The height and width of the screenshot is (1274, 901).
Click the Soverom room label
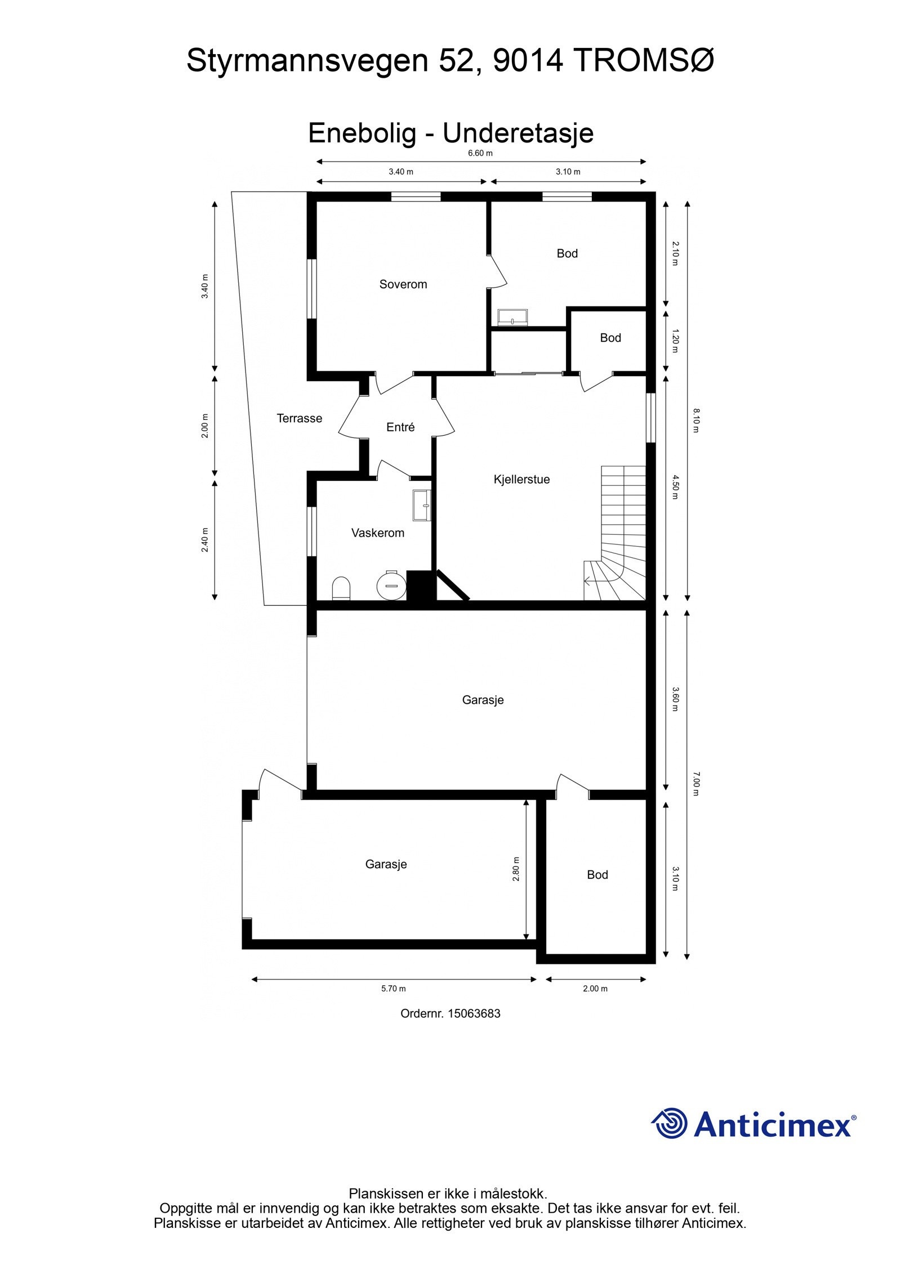403,284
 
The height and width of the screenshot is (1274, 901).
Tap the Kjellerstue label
521,479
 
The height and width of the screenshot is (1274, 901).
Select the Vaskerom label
377,533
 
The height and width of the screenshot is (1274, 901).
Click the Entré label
400,427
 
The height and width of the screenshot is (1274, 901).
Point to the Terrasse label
299,418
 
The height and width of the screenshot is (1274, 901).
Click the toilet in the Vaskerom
341,588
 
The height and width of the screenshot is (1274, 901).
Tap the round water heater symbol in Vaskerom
391,584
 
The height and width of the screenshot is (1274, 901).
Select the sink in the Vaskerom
422,505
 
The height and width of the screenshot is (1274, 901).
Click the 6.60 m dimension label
480,153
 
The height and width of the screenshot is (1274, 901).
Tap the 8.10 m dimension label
696,421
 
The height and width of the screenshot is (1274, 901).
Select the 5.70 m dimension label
393,989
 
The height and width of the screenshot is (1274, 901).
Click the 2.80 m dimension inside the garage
516,869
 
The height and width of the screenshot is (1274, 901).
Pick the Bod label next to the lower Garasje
597,874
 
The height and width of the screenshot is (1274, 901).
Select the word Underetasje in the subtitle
518,133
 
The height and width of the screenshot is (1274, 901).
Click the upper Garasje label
483,700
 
